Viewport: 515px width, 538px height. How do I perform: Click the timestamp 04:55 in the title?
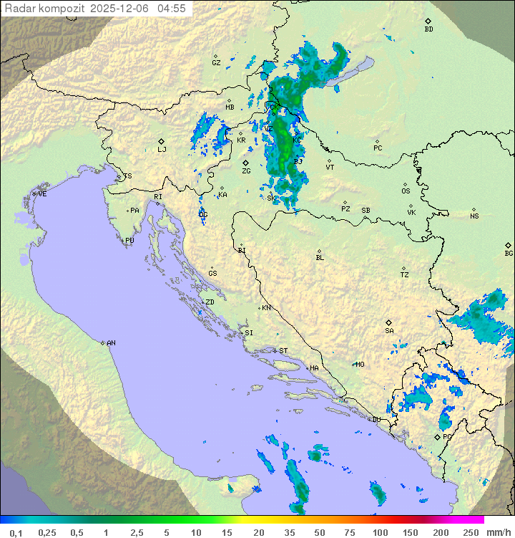coord(172,9)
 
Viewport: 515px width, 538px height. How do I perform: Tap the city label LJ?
coord(162,150)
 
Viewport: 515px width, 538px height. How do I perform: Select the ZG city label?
coord(246,171)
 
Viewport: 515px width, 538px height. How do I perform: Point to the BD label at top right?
coord(428,29)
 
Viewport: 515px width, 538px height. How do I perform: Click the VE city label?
coord(42,194)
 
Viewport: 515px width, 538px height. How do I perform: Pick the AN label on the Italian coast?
coord(111,343)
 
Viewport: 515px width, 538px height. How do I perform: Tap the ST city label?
coord(283,351)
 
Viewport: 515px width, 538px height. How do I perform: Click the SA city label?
coord(389,331)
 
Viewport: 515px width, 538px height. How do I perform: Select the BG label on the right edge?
coord(509,254)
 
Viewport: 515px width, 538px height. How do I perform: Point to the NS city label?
coord(474,216)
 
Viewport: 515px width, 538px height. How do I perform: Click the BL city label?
coord(320,258)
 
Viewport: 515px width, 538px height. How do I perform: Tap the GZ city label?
coord(216,63)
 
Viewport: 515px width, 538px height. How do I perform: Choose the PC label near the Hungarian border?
coord(378,148)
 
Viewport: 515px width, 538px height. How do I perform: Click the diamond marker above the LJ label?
coord(162,141)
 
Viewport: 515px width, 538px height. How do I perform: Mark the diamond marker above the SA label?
coord(389,322)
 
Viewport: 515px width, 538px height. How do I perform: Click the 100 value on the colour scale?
coord(380,532)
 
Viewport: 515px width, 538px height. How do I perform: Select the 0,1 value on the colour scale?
coord(16,532)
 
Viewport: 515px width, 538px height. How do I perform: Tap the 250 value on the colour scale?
coord(470,532)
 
